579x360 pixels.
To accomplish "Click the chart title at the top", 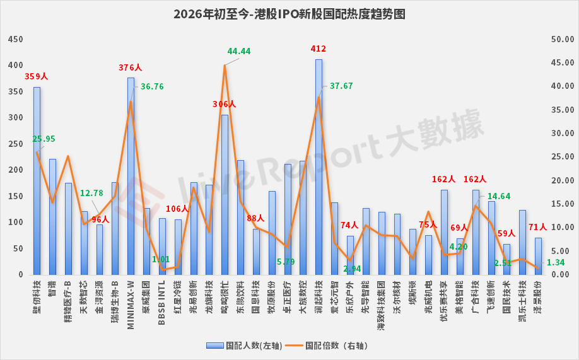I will coord(289,13).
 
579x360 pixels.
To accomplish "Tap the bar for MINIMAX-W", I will coord(131,177).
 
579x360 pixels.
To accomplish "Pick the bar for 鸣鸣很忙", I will coord(225,195).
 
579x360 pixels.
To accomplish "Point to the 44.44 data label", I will coord(239,51).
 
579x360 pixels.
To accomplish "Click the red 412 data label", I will coord(319,49).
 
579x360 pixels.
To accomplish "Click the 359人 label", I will coord(37,77).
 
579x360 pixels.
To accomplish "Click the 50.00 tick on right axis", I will coord(561,39).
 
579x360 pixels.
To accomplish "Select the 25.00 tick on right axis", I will coord(561,157).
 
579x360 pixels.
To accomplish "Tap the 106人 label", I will coord(178,209).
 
